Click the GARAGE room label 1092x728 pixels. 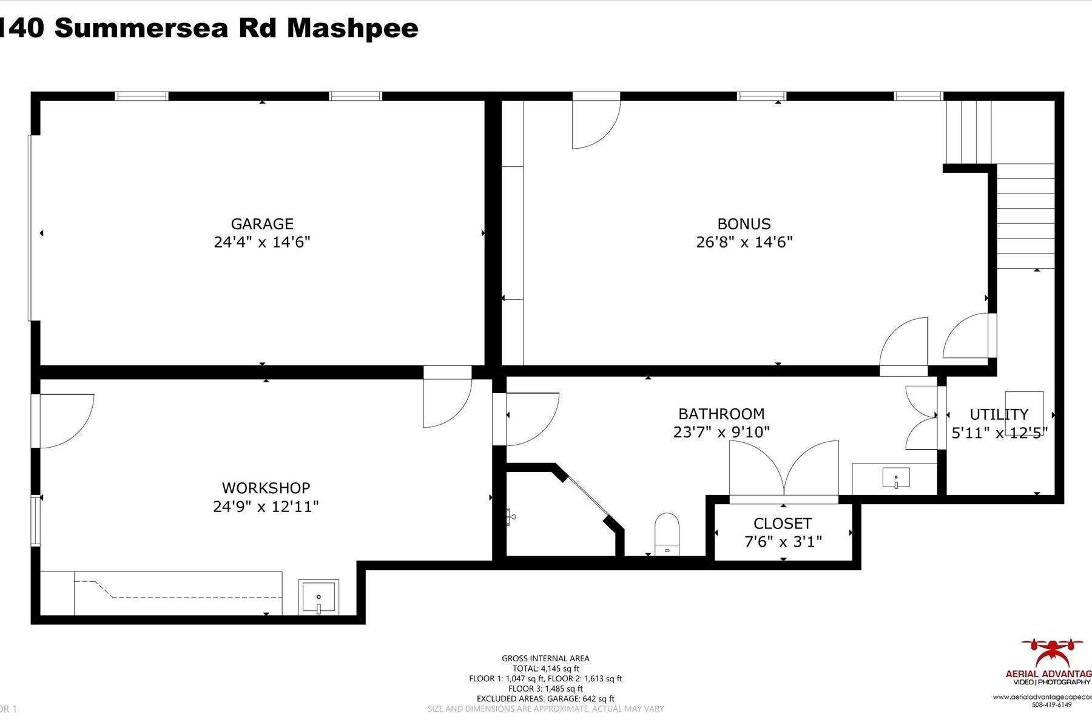[262, 224]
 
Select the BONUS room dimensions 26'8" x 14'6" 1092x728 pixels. [744, 242]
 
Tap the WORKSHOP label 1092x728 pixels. [266, 488]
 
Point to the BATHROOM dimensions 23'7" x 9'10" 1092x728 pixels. [721, 432]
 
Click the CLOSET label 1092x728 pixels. [783, 524]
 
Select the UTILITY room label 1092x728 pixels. [999, 414]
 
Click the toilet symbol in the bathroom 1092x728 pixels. [667, 534]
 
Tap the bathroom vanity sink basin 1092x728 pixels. [896, 478]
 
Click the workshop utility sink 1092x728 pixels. [318, 598]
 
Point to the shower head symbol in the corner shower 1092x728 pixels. [511, 517]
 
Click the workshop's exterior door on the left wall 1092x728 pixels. [64, 420]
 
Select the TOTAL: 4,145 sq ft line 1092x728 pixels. [545, 669]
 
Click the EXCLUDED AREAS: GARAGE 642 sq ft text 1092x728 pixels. [545, 699]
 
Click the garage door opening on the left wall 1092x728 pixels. [30, 227]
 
